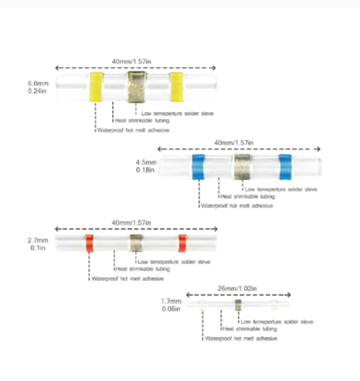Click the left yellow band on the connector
click(x=96, y=87)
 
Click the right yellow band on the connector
click(x=176, y=87)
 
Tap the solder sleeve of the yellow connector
click(x=135, y=87)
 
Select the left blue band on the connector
click(x=198, y=167)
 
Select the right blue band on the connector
click(x=285, y=167)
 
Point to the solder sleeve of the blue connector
click(x=241, y=166)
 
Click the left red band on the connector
click(x=89, y=243)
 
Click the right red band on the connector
click(x=183, y=243)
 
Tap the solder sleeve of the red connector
click(x=136, y=243)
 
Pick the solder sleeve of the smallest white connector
click(x=238, y=305)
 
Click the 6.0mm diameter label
click(x=37, y=84)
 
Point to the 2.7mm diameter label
click(x=37, y=240)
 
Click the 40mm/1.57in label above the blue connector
click(x=233, y=142)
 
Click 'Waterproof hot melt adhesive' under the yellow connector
click(x=133, y=130)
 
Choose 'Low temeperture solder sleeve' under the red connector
click(x=174, y=261)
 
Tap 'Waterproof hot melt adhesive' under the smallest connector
click(x=241, y=338)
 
